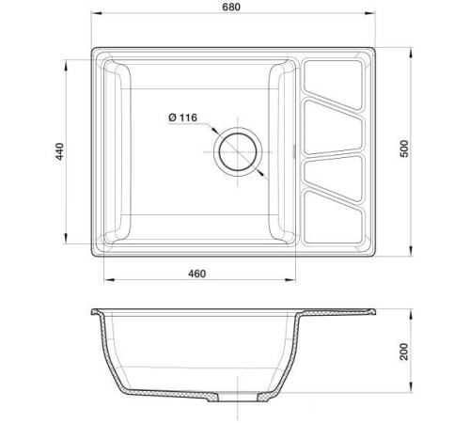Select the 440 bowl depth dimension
point(58,149)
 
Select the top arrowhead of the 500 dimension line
point(414,47)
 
